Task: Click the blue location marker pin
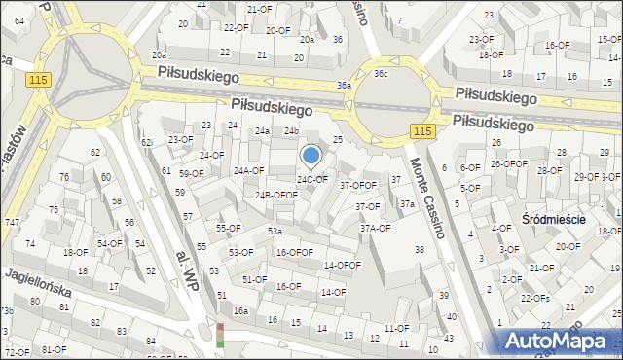coord(311,156)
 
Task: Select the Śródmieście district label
coord(553,220)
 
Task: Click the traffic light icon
coord(220,335)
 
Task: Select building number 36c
coord(381,73)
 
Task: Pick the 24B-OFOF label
coord(276,195)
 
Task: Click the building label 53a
coord(275,232)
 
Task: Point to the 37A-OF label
coord(376,229)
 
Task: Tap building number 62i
coord(147,143)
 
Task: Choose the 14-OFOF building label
coord(343,265)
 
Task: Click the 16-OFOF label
coord(294,253)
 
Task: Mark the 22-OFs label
coord(534,298)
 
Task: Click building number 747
coord(11,223)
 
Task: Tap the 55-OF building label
coord(228,229)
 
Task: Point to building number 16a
coord(240,311)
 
